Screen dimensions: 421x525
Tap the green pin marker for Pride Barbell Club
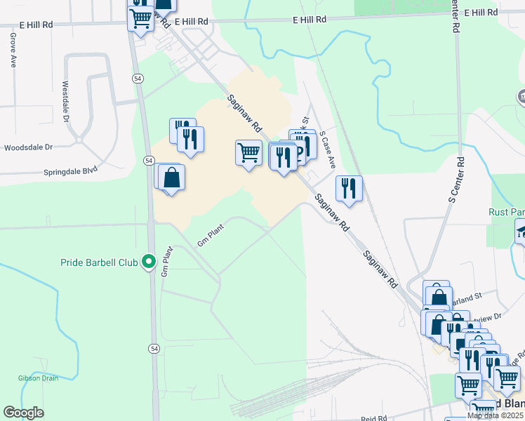coord(148,262)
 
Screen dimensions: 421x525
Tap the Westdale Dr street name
coord(65,102)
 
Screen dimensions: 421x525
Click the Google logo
coord(23,413)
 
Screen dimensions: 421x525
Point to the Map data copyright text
coord(495,415)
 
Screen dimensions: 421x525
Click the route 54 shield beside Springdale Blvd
coord(149,161)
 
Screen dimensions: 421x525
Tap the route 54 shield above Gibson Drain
coord(154,348)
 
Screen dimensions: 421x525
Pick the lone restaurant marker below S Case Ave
coord(349,187)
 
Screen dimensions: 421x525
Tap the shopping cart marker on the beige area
coord(248,152)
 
